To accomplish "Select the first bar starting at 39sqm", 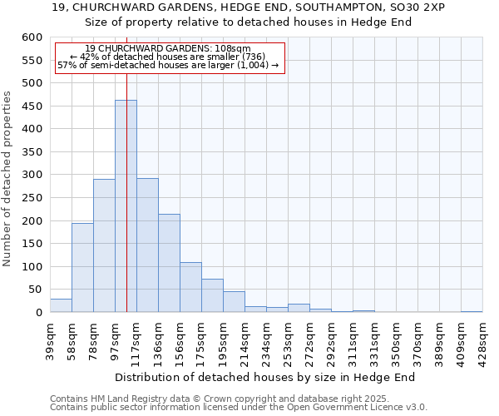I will (x=61, y=305).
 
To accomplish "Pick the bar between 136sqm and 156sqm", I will (x=169, y=263).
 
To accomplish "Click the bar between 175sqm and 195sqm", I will (x=212, y=295).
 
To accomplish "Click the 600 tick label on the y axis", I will (x=32, y=37).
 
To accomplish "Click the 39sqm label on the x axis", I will (x=51, y=336).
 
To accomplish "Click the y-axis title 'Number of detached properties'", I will (x=8, y=180).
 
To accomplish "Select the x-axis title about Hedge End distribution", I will (x=265, y=377).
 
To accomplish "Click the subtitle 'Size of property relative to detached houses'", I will (x=249, y=22).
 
